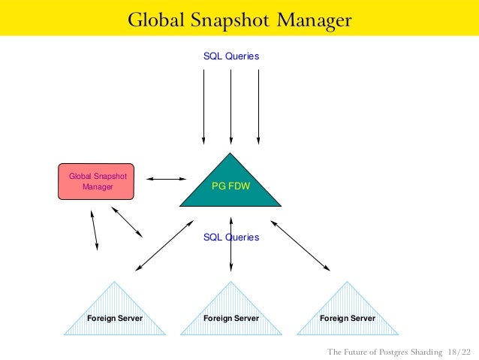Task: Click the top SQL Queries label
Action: [x=231, y=56]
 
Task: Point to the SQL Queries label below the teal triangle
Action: [x=231, y=237]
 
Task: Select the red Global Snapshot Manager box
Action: [x=97, y=181]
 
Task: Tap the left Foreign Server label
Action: [x=114, y=319]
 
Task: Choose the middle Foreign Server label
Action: [x=231, y=319]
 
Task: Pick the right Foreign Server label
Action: [x=348, y=319]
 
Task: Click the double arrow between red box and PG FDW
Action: [x=166, y=179]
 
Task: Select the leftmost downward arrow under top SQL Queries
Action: [x=203, y=105]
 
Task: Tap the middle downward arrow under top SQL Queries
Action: [x=231, y=105]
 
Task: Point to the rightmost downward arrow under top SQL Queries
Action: [x=258, y=105]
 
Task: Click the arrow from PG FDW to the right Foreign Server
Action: [x=300, y=245]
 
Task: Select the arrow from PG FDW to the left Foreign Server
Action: [x=164, y=245]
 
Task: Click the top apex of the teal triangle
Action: [x=231, y=154]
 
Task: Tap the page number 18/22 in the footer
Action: [x=459, y=352]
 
